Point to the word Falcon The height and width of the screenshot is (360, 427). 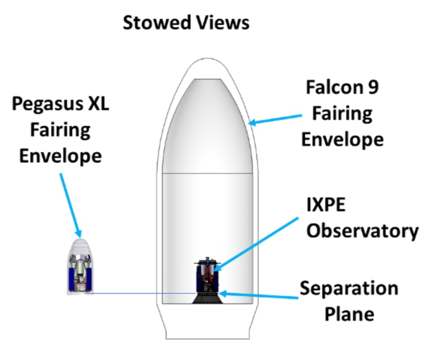pyautogui.click(x=333, y=87)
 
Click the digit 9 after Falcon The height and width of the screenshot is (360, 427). pyautogui.click(x=372, y=87)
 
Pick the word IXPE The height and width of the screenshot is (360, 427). pyautogui.click(x=326, y=205)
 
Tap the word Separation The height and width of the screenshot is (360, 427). pyautogui.click(x=349, y=289)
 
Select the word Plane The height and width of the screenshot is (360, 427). pyautogui.click(x=350, y=314)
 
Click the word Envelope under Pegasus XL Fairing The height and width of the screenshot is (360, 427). pyautogui.click(x=60, y=157)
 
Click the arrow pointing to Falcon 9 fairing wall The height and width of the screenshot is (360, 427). pyautogui.click(x=275, y=120)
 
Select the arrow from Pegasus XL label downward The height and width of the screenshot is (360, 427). pyautogui.click(x=71, y=206)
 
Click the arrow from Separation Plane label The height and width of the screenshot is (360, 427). pyautogui.click(x=258, y=295)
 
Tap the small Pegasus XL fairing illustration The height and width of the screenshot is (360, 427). pyautogui.click(x=80, y=267)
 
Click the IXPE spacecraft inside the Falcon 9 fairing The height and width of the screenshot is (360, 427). pyautogui.click(x=207, y=274)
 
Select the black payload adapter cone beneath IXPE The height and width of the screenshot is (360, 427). pyautogui.click(x=207, y=299)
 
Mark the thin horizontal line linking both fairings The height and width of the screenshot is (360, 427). pyautogui.click(x=140, y=293)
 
